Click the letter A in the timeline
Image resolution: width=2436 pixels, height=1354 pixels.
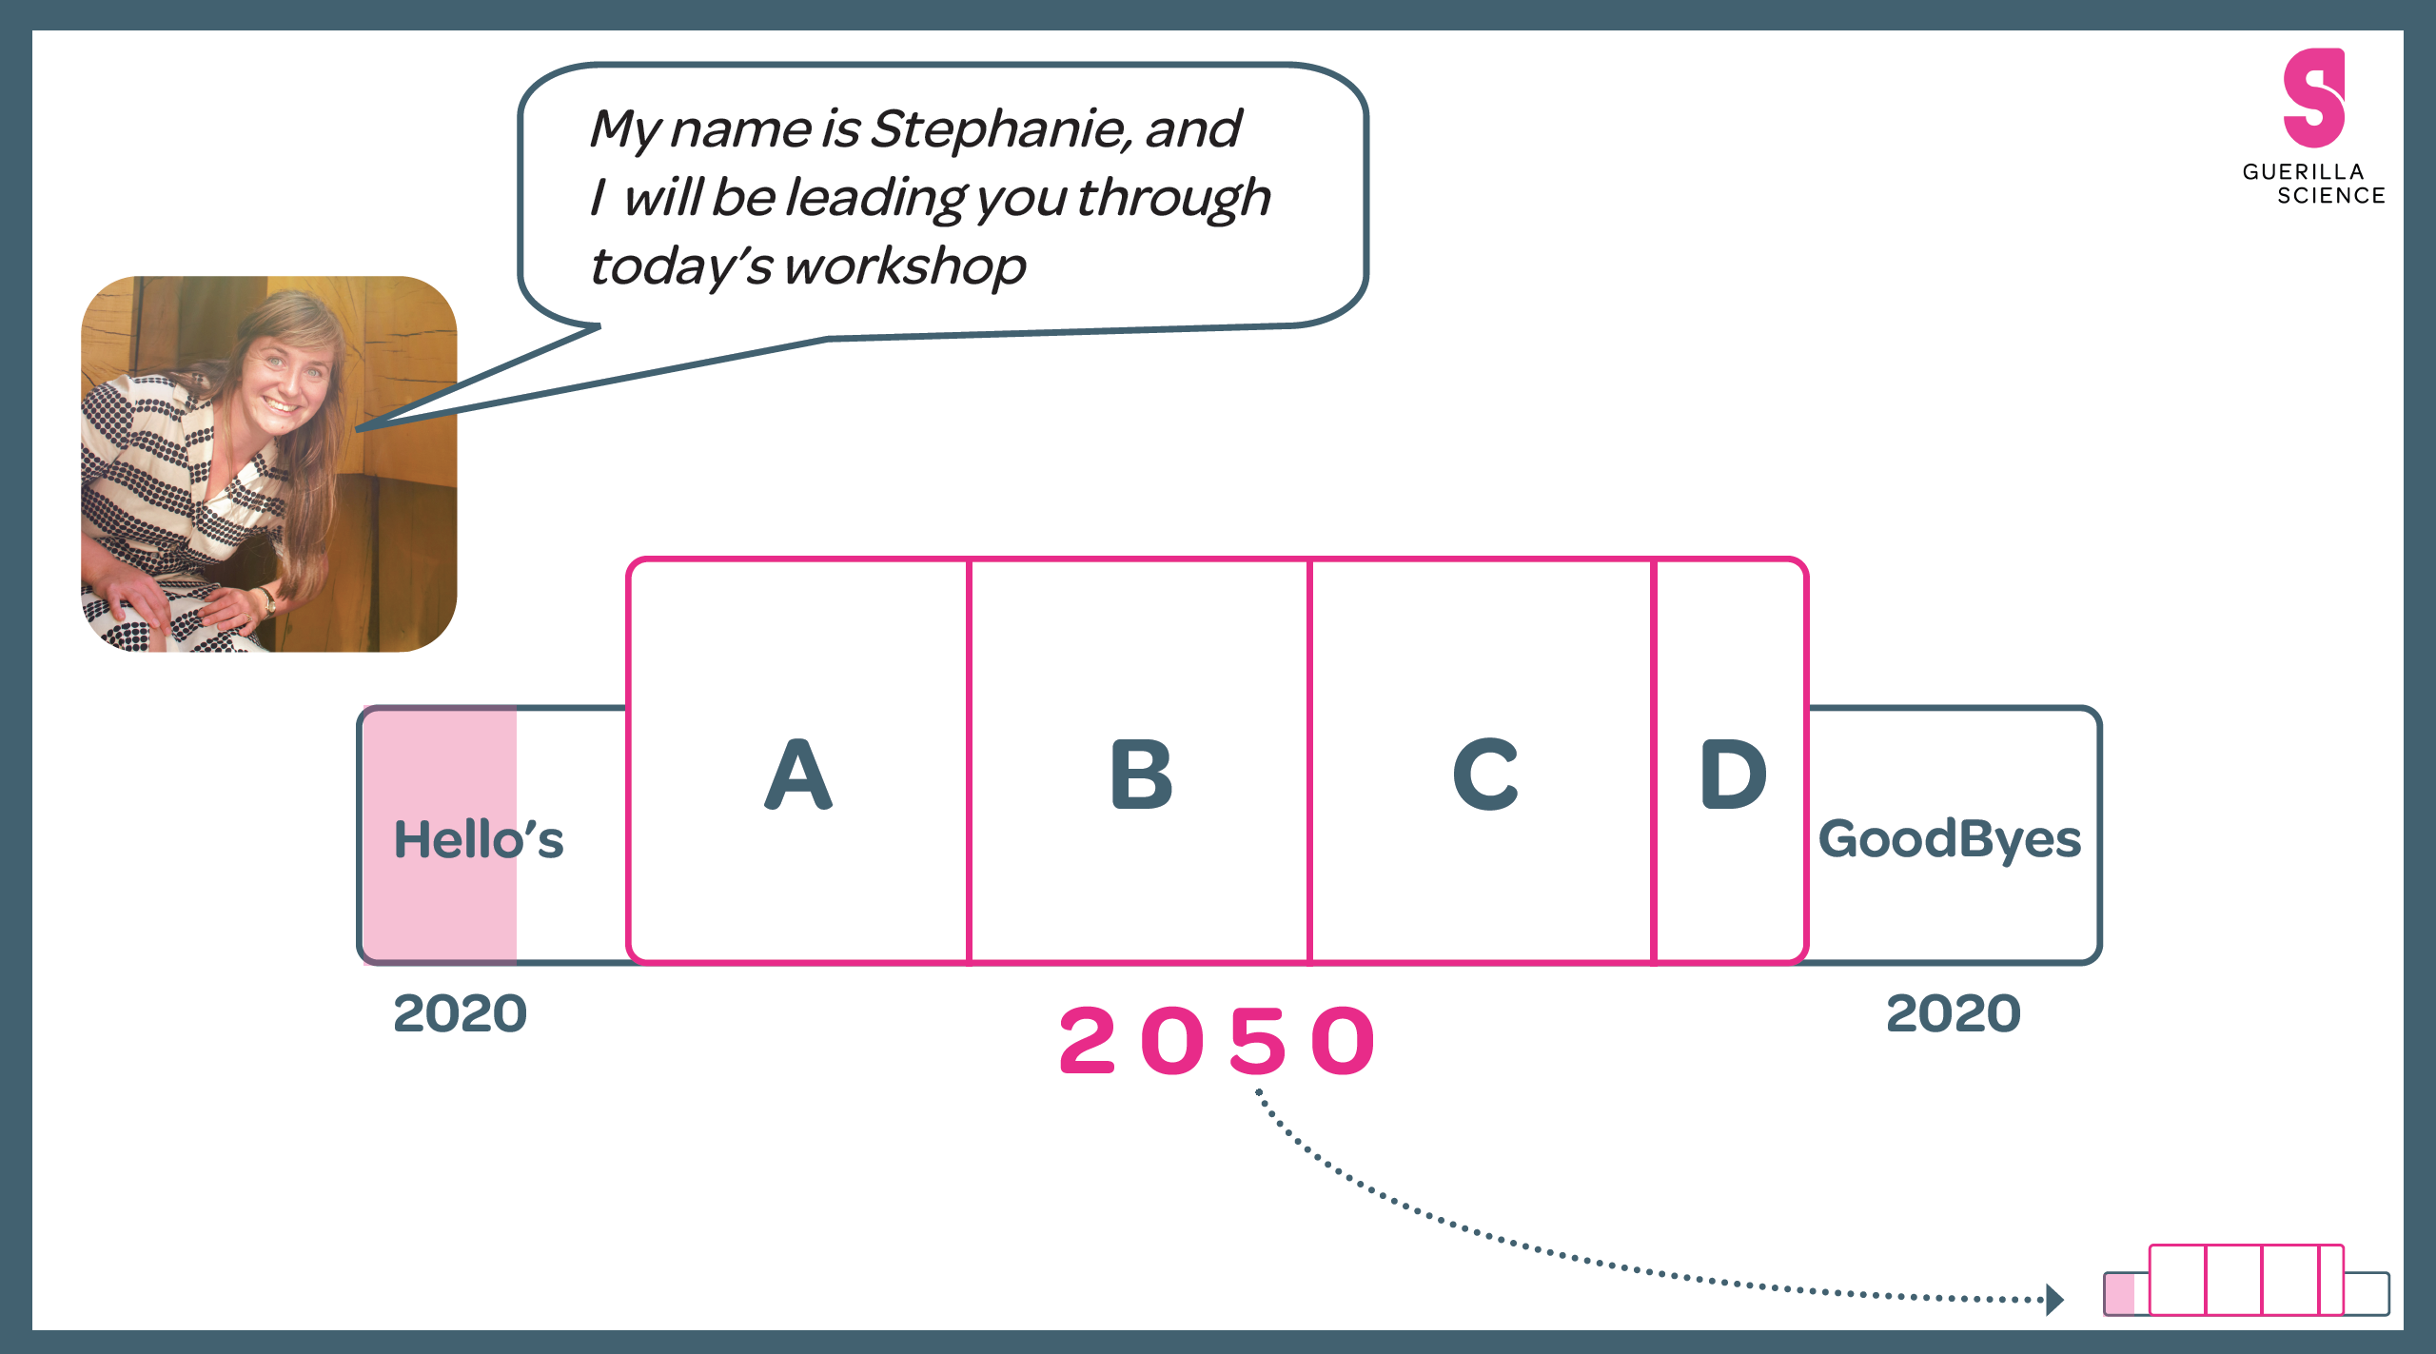(x=798, y=775)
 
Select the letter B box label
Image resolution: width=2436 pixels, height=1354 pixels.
(x=1141, y=775)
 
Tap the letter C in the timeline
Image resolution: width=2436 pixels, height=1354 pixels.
(x=1484, y=775)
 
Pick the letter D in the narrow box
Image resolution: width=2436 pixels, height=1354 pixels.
(x=1733, y=775)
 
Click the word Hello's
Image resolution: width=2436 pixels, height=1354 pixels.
(x=479, y=839)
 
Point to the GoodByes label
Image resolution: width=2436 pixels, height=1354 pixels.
(x=1950, y=839)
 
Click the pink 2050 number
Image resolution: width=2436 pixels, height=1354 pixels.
(x=1217, y=1041)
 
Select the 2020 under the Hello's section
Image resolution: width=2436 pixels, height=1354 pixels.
(x=461, y=1012)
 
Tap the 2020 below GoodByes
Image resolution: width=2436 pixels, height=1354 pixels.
(x=1954, y=1012)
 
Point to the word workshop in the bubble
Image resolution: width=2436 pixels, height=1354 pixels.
(x=905, y=266)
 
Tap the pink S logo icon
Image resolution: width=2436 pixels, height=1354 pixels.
(x=2313, y=98)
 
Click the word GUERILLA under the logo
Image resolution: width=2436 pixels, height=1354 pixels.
(x=2303, y=172)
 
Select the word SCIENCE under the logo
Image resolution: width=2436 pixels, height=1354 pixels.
(x=2330, y=196)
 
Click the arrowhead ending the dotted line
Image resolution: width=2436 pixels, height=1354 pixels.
(x=2055, y=1299)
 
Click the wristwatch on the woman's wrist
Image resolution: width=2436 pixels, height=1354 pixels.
(x=270, y=601)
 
